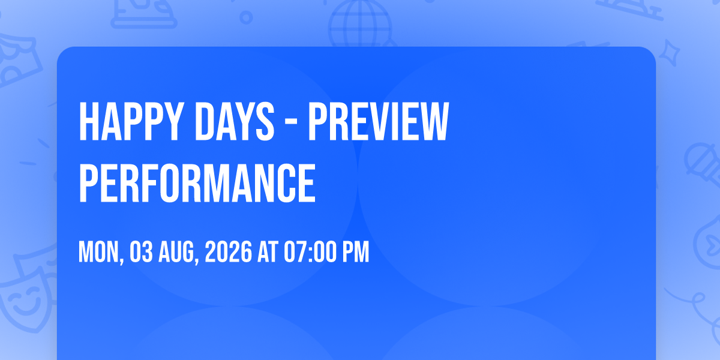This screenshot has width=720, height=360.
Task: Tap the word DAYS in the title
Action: coord(235,121)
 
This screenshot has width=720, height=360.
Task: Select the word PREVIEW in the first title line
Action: coord(379,121)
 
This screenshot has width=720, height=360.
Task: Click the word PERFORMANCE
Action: coord(197,183)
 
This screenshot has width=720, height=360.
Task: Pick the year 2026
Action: coord(228,252)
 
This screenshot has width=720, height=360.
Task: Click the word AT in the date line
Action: coord(268,252)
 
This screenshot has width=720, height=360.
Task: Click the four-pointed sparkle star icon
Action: coord(669,53)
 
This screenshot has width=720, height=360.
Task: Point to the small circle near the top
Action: coord(246,17)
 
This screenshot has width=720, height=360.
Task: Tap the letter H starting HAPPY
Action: coord(89,121)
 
